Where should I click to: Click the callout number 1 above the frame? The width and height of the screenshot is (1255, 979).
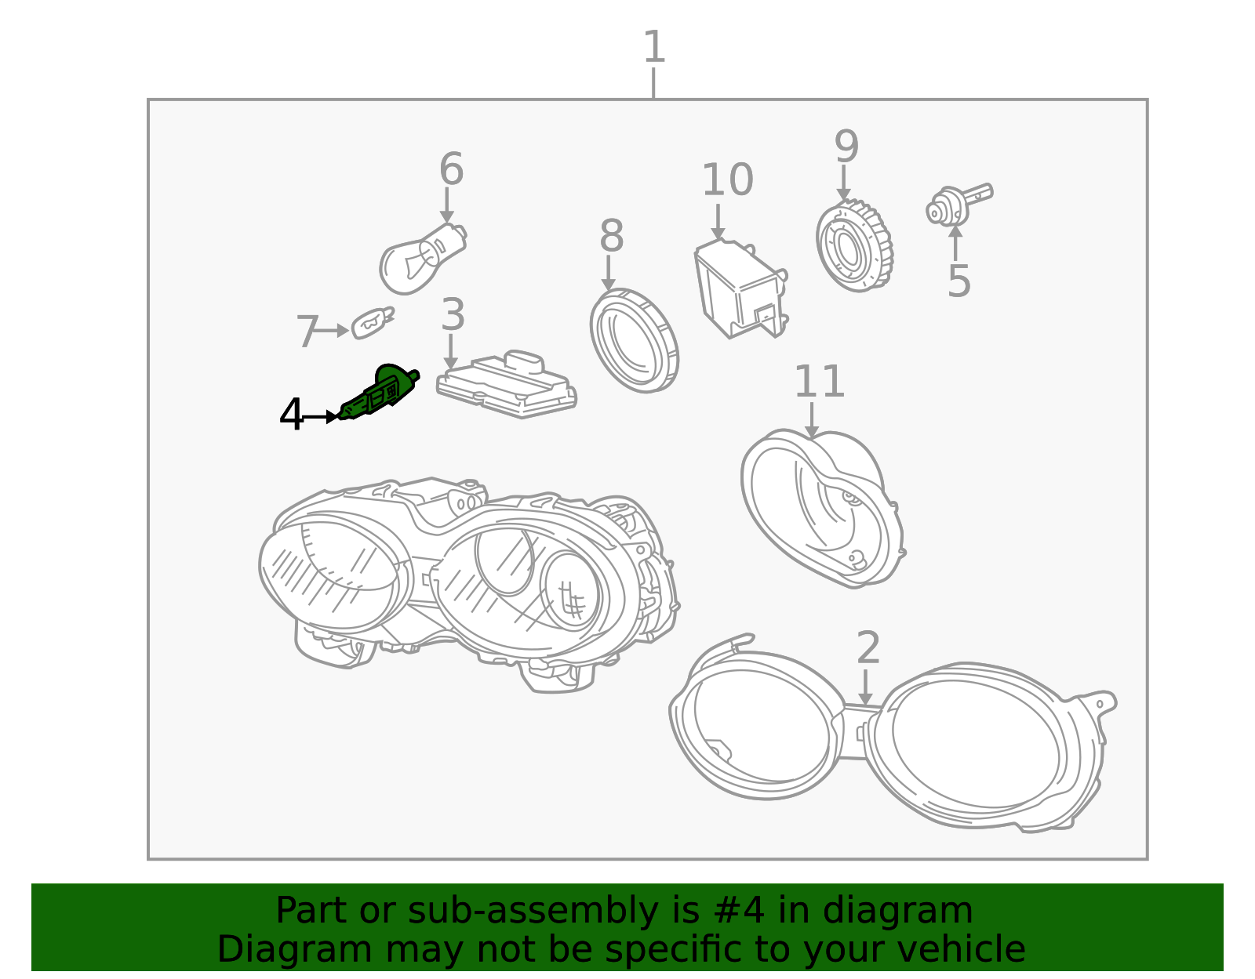[x=654, y=47]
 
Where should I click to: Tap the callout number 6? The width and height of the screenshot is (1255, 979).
[x=451, y=169]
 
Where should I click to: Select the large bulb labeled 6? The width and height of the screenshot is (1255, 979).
[x=422, y=259]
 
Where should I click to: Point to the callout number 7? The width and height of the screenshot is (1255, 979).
[x=307, y=332]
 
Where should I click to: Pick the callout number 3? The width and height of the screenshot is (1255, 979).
[x=453, y=315]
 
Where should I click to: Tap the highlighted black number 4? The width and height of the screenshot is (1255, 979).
[x=291, y=414]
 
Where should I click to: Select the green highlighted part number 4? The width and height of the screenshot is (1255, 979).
[x=379, y=392]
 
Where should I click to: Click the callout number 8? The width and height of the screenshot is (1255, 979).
[x=612, y=236]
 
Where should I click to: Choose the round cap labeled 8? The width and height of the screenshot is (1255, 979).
[x=634, y=341]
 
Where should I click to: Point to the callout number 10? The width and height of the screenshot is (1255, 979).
[x=727, y=179]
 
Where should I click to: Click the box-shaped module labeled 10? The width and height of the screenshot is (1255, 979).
[x=741, y=288]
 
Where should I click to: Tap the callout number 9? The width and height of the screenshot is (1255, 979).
[x=846, y=147]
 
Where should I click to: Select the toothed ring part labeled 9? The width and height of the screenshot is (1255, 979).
[x=855, y=246]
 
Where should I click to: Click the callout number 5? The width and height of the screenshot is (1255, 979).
[x=959, y=281]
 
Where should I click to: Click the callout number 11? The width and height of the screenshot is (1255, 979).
[x=819, y=381]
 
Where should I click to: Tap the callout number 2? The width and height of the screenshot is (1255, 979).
[x=868, y=648]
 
